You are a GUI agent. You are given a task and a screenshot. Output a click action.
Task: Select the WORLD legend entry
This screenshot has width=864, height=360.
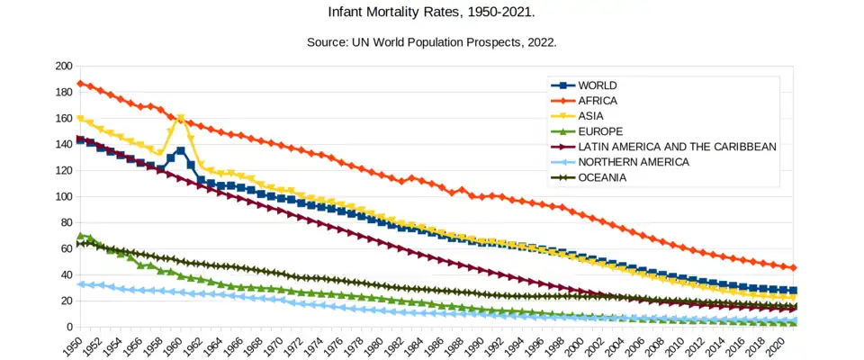tap(598, 85)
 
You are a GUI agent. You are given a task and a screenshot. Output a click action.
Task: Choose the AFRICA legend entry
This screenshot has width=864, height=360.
tap(598, 101)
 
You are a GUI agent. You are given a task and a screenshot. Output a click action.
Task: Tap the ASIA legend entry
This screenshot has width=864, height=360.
tap(592, 116)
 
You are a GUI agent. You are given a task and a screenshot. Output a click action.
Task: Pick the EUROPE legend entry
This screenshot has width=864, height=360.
tap(600, 131)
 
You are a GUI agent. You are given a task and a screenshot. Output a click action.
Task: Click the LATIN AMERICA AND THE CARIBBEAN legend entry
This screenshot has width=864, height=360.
tap(677, 147)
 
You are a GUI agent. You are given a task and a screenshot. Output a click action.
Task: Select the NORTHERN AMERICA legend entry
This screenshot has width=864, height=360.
tap(634, 162)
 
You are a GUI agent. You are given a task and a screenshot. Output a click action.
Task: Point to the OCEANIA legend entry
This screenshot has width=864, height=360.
tap(602, 177)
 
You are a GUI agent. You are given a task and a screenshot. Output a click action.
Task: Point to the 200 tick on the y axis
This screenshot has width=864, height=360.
tap(63, 67)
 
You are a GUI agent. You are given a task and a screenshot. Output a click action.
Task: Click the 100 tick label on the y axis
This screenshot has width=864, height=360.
tap(63, 197)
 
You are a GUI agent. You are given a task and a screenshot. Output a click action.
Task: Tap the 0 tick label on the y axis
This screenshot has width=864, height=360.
tap(68, 327)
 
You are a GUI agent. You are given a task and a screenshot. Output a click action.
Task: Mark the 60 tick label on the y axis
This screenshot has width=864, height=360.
tap(66, 249)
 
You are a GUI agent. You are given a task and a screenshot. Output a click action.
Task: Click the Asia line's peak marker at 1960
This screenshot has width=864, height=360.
tap(181, 118)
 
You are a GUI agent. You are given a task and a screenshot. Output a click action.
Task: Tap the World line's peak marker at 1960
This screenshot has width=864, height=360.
tap(181, 150)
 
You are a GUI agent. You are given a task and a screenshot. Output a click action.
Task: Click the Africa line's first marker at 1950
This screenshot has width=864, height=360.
tap(81, 84)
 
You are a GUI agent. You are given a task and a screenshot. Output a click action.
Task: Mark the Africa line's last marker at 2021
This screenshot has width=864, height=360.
tap(792, 267)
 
